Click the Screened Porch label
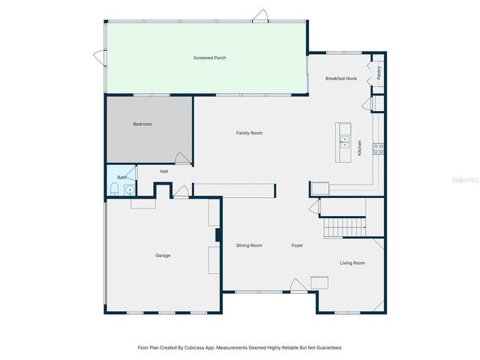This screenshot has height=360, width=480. pyautogui.click(x=209, y=58)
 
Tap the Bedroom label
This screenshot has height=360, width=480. pyautogui.click(x=142, y=124)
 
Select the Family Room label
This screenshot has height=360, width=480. pyautogui.click(x=249, y=133)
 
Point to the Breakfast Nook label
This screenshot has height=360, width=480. pyautogui.click(x=340, y=79)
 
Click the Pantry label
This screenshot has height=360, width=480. pyautogui.click(x=379, y=72)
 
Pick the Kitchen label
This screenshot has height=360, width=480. pyautogui.click(x=359, y=148)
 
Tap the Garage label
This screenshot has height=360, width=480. pyautogui.click(x=163, y=255)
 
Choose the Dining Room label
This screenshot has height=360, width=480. pyautogui.click(x=249, y=245)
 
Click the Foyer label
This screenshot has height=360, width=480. pyautogui.click(x=297, y=245)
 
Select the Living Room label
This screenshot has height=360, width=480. pyautogui.click(x=352, y=262)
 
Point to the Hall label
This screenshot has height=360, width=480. pyautogui.click(x=163, y=171)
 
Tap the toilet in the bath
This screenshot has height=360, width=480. pyautogui.click(x=115, y=189)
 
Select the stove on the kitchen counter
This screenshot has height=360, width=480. pyautogui.click(x=379, y=148)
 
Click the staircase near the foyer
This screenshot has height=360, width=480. pyautogui.click(x=343, y=226)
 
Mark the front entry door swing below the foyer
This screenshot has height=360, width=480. pyautogui.click(x=295, y=285)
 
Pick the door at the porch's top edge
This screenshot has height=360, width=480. pyautogui.click(x=259, y=15)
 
